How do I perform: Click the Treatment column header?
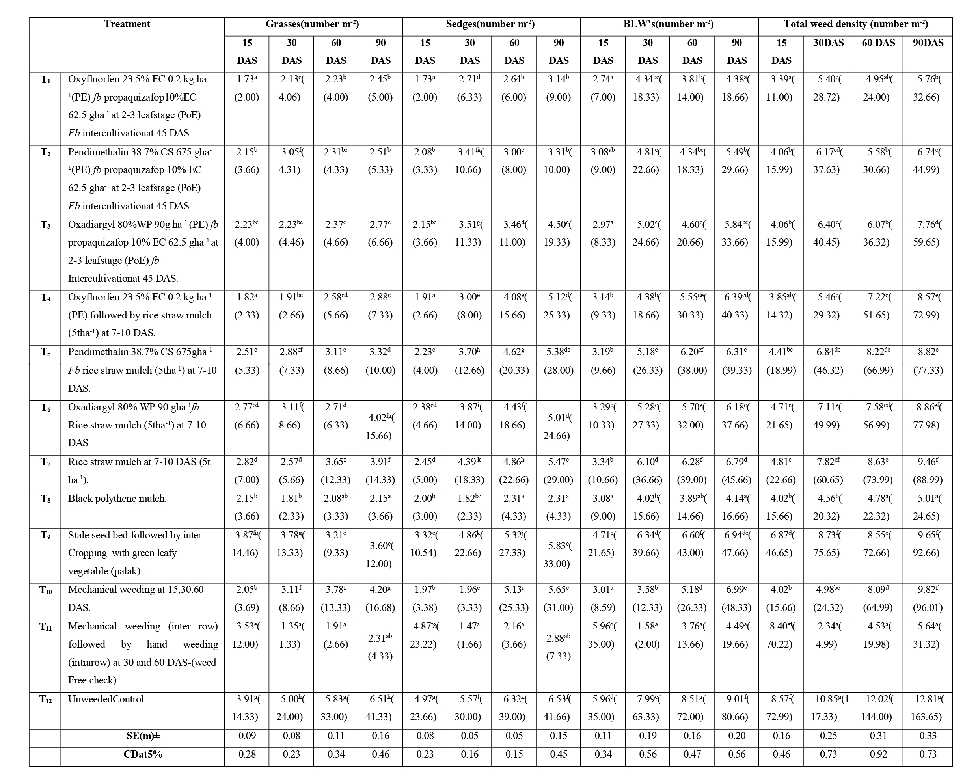click(x=127, y=24)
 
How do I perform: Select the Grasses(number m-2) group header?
click(x=313, y=24)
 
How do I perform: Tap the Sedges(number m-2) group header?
click(x=490, y=24)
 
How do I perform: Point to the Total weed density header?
click(x=855, y=24)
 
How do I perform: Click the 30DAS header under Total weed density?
click(x=828, y=43)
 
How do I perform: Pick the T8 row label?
click(x=45, y=499)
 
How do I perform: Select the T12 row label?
click(x=45, y=700)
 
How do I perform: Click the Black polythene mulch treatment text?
click(x=117, y=499)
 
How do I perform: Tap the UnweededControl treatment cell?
click(x=106, y=699)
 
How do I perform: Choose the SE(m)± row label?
click(x=142, y=736)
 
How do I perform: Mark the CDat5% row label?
click(x=142, y=754)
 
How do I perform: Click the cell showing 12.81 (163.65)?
click(x=928, y=708)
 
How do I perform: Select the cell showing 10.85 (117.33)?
click(x=828, y=708)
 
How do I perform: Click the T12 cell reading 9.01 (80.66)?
click(x=737, y=708)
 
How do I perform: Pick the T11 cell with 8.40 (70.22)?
click(x=782, y=635)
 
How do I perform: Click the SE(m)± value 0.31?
click(x=878, y=736)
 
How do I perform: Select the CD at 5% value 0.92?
click(x=878, y=754)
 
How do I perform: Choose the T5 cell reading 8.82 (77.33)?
click(x=928, y=361)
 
